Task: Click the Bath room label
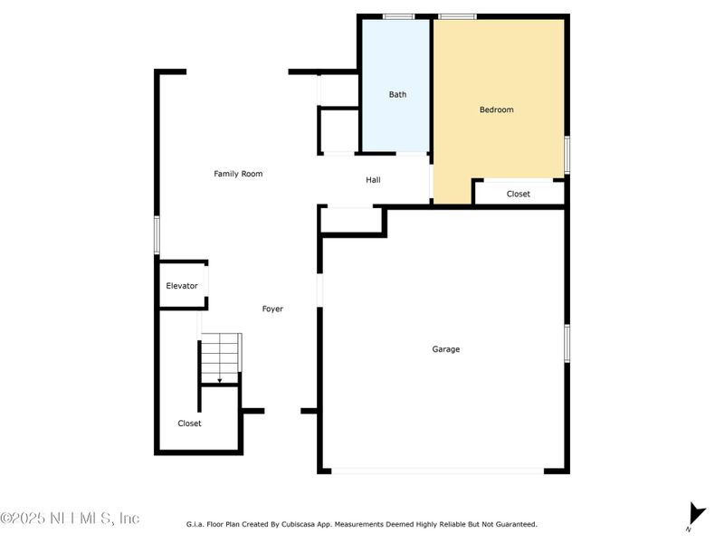pyautogui.click(x=397, y=94)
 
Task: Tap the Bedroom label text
pyautogui.click(x=496, y=110)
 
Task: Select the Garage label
pyautogui.click(x=445, y=349)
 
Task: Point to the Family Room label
pyautogui.click(x=238, y=174)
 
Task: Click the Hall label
pyautogui.click(x=373, y=180)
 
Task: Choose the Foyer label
pyautogui.click(x=272, y=310)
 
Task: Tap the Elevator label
pyautogui.click(x=181, y=286)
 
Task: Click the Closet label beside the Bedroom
pyautogui.click(x=519, y=195)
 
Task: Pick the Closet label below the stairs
pyautogui.click(x=189, y=424)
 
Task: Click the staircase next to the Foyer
pyautogui.click(x=221, y=357)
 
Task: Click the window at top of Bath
pyautogui.click(x=398, y=16)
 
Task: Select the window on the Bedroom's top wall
pyautogui.click(x=457, y=16)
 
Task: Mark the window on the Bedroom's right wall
pyautogui.click(x=567, y=154)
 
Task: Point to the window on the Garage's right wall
pyautogui.click(x=567, y=344)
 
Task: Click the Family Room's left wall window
pyautogui.click(x=157, y=235)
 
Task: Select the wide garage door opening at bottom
pyautogui.click(x=437, y=471)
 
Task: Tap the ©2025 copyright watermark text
pyautogui.click(x=70, y=519)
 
